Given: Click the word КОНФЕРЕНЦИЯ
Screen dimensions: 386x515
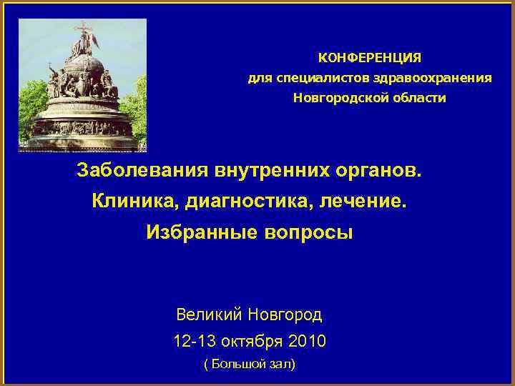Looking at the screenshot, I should (x=369, y=56).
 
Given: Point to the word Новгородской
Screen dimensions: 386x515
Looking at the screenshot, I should (x=338, y=97).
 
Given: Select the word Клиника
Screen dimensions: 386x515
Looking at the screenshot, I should (x=135, y=202).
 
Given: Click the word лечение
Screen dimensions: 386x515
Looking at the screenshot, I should (x=368, y=202).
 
